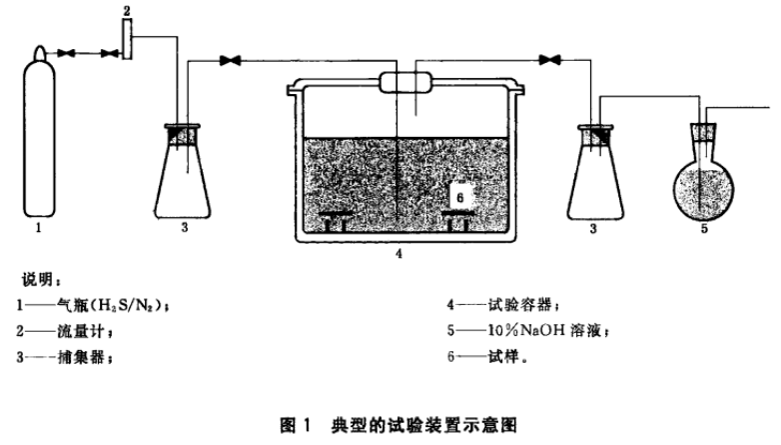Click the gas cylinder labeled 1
[38, 140]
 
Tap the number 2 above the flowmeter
[128, 10]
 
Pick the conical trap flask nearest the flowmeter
[184, 175]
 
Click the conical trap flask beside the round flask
[599, 175]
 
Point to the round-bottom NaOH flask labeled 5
[706, 180]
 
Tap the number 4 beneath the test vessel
[398, 254]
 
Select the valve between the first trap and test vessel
[233, 63]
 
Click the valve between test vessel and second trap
[547, 60]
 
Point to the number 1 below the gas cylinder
[38, 228]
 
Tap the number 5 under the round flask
[706, 228]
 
